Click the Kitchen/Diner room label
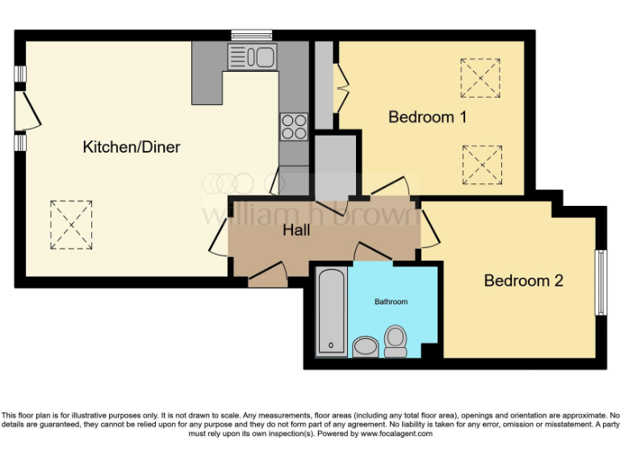click(x=132, y=147)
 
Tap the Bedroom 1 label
click(x=427, y=117)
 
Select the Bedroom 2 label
click(x=523, y=281)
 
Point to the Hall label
click(x=295, y=230)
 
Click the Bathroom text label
click(x=390, y=301)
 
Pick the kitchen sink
click(x=252, y=57)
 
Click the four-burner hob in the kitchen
click(x=294, y=125)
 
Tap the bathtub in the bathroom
click(x=331, y=312)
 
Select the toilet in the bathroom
click(x=396, y=340)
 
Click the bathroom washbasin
click(x=365, y=346)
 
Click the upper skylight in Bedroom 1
click(x=480, y=77)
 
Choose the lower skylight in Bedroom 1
click(x=483, y=164)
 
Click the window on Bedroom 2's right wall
click(x=600, y=283)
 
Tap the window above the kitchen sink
click(x=252, y=35)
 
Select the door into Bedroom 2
click(x=429, y=228)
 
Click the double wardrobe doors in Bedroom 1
click(x=341, y=89)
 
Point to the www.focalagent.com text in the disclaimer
click(x=396, y=434)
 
